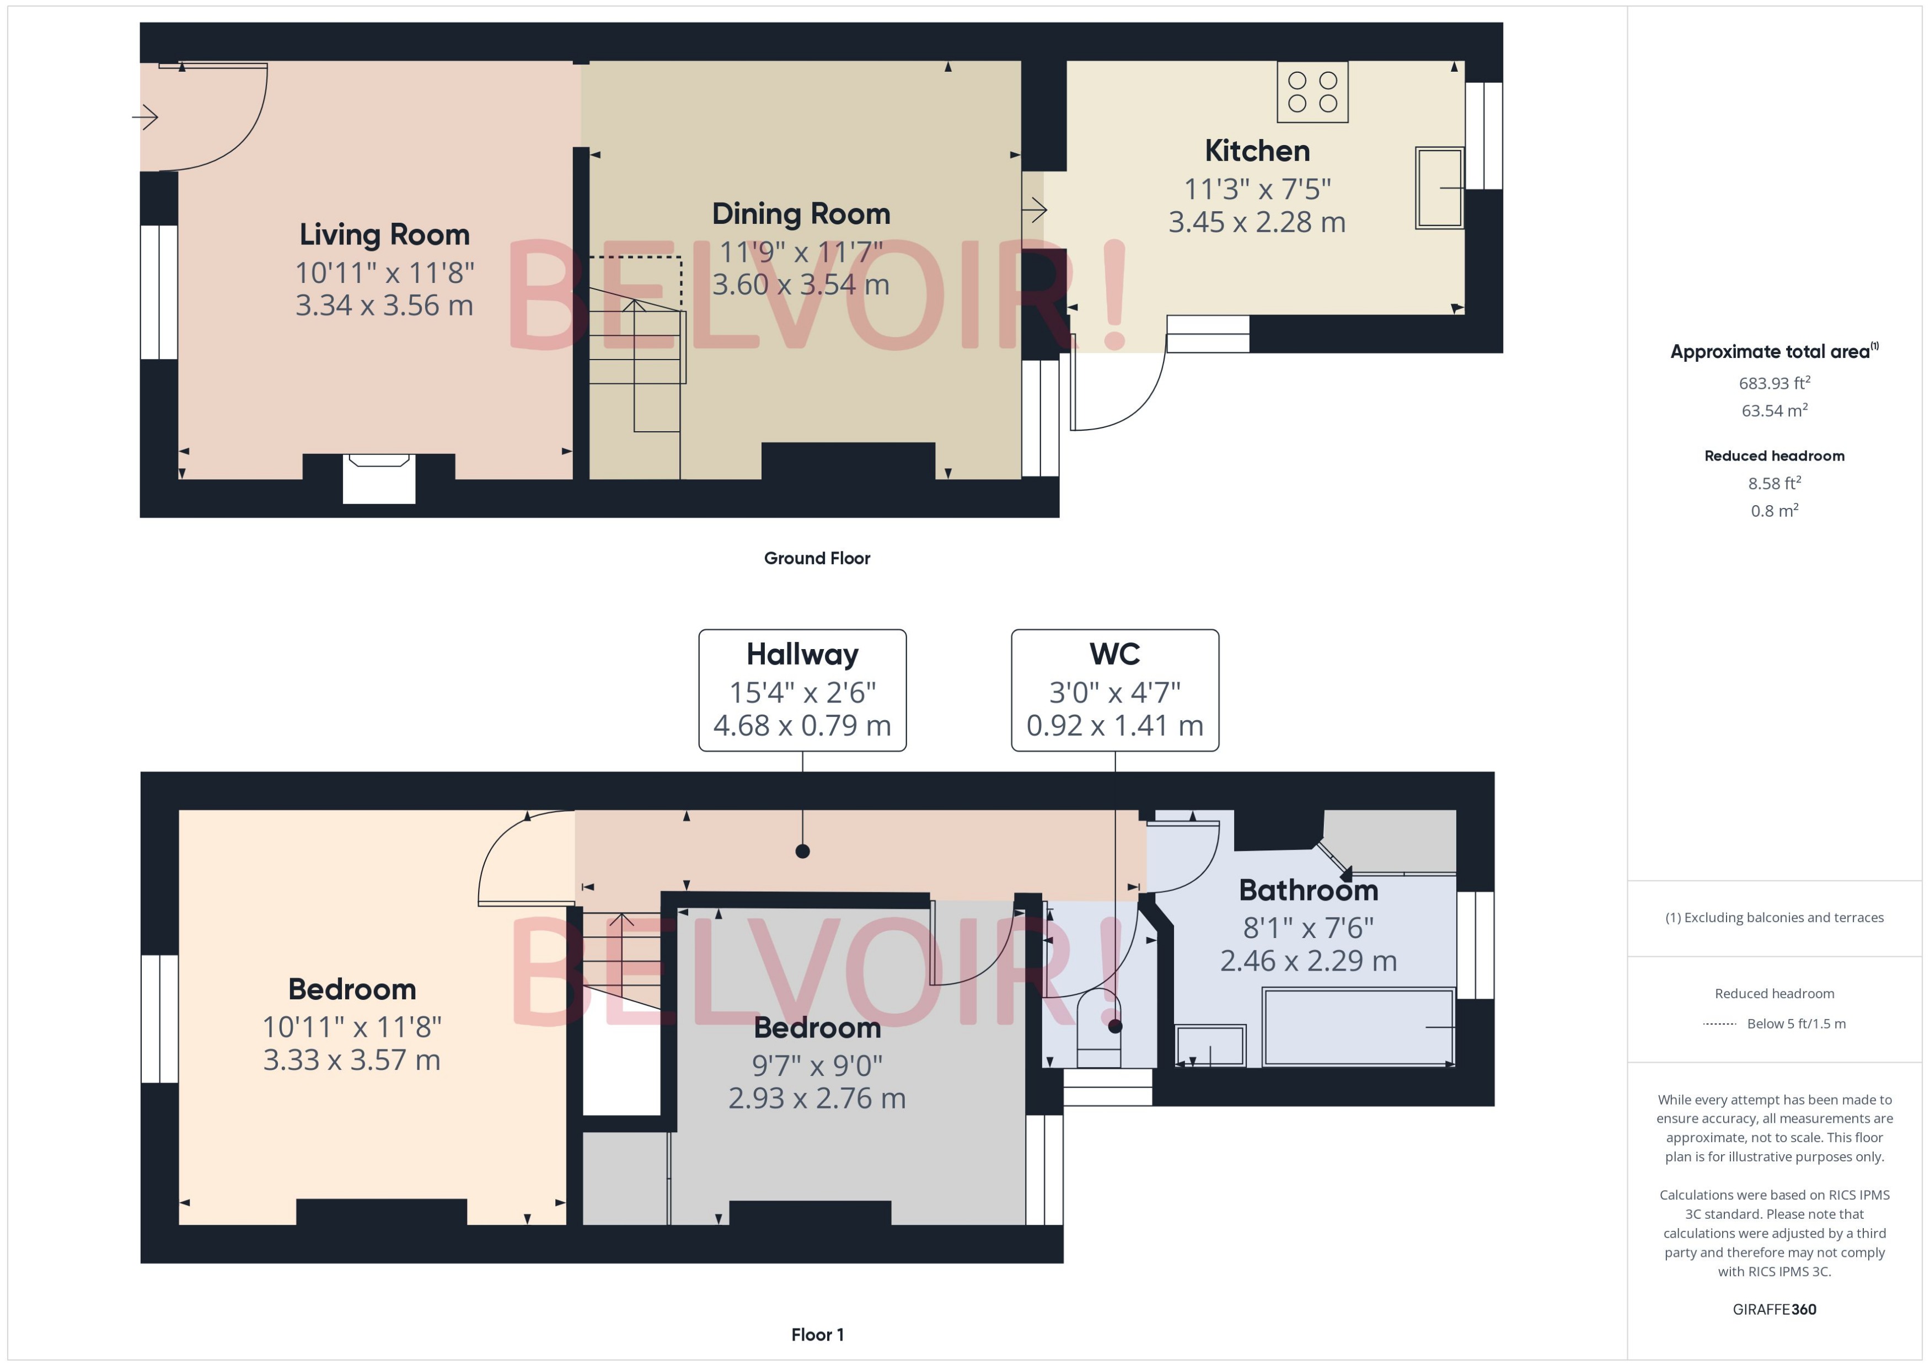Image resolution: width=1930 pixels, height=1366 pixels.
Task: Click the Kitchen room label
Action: pos(1256,152)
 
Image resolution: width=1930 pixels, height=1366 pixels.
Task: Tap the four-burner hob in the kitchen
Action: pos(1312,92)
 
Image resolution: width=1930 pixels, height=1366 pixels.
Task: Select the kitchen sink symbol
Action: pos(1439,188)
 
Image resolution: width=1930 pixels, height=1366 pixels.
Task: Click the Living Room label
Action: pos(384,235)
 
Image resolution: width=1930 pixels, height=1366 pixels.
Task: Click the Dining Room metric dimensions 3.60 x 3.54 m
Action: pos(801,285)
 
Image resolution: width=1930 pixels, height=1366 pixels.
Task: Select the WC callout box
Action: pos(1114,690)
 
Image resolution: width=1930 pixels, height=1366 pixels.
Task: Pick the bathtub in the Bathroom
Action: pos(1358,1027)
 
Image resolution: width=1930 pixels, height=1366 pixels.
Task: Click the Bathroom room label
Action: pos(1307,890)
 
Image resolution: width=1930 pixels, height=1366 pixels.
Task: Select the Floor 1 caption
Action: pos(817,1334)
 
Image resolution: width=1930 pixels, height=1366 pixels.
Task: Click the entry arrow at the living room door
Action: pos(146,117)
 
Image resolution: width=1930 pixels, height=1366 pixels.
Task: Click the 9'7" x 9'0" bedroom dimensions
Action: pos(817,1065)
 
